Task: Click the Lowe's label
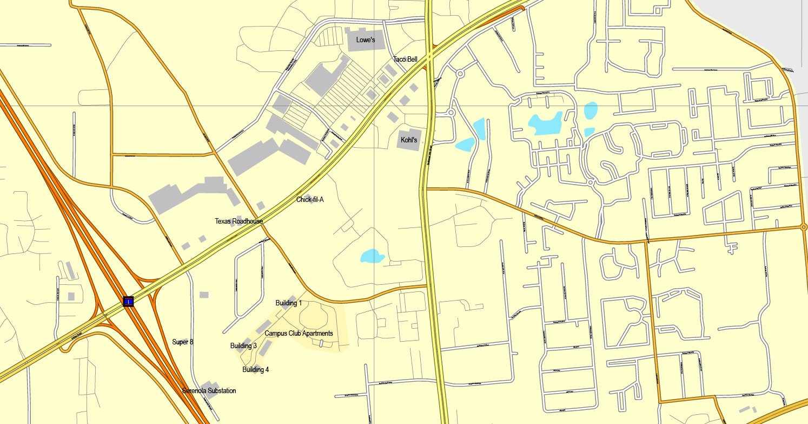coord(366,40)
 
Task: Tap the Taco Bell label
coord(405,60)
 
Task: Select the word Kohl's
coord(409,140)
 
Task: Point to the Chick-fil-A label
coord(310,200)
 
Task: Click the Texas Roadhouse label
coord(239,221)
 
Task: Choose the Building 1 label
coord(289,303)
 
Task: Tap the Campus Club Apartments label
coord(299,334)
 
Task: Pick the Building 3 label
coord(243,346)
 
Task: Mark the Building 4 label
coord(255,370)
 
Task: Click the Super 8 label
coord(182,342)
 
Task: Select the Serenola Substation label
coord(209,391)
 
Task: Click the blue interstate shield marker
coord(128,302)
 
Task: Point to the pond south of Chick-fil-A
coord(372,256)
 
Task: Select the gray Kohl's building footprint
coord(410,139)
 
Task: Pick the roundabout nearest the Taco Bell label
coord(460,73)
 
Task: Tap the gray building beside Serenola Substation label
coord(208,387)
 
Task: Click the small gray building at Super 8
coord(186,342)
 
